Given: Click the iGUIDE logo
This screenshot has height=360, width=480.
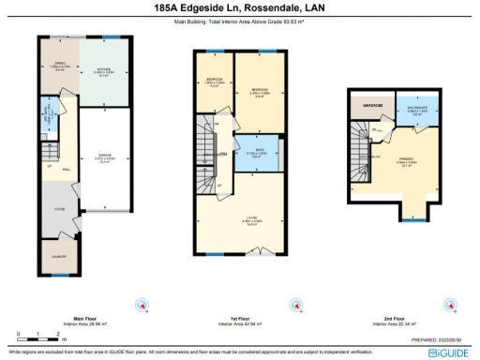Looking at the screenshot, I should pyautogui.click(x=453, y=351).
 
